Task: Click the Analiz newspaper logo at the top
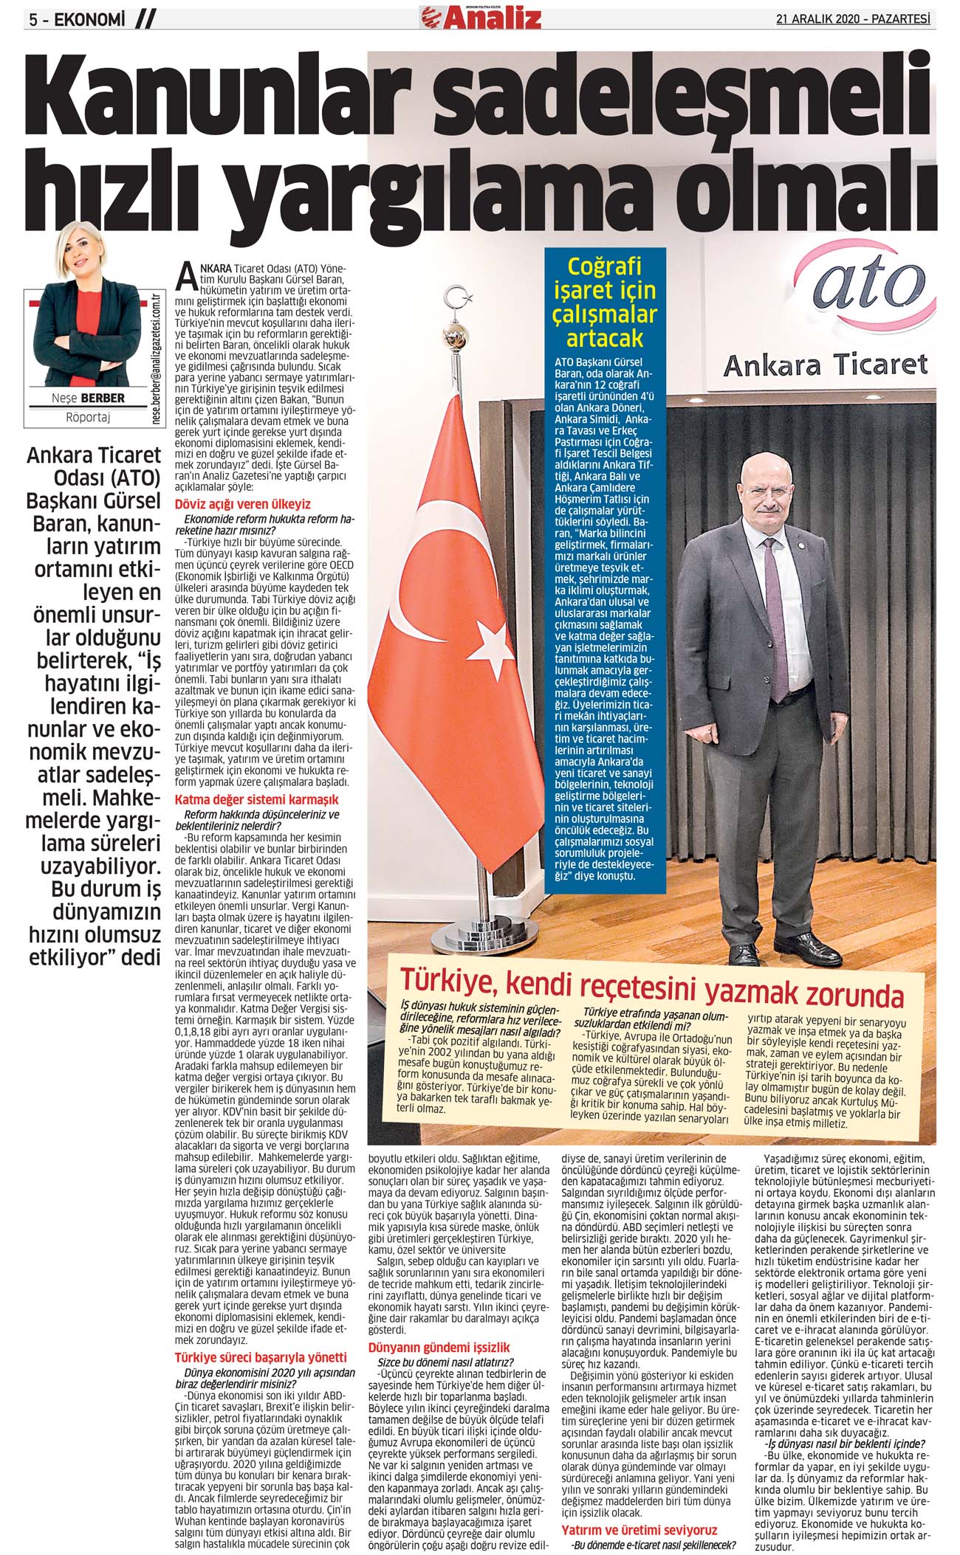[481, 15]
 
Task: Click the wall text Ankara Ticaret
[825, 364]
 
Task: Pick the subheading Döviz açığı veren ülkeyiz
[242, 504]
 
